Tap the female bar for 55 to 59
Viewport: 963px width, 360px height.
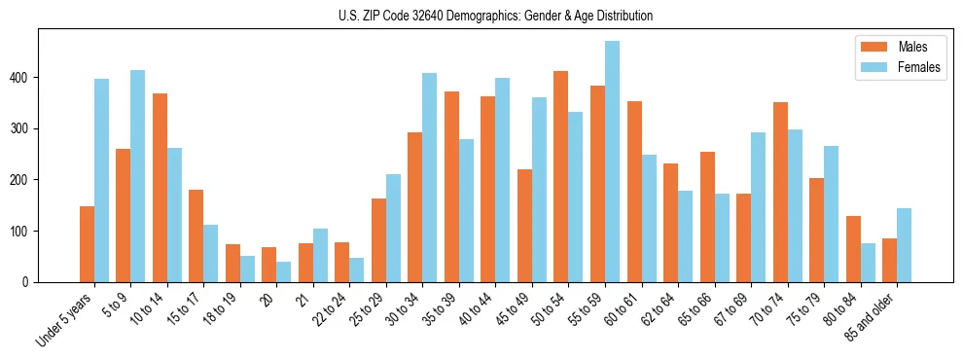tap(612, 162)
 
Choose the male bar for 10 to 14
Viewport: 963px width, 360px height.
tap(160, 188)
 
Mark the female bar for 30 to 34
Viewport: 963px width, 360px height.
tap(429, 178)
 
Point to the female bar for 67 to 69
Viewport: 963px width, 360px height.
tap(758, 207)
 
